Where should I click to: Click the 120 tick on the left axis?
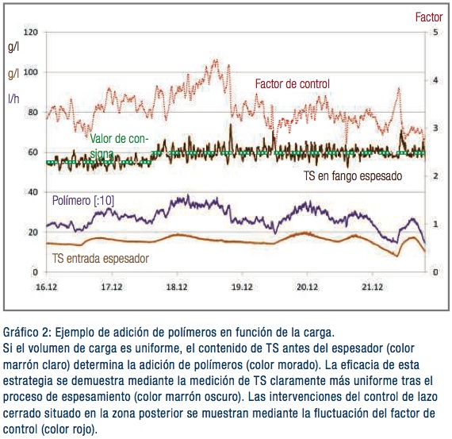coord(31,32)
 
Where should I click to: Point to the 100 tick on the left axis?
coord(31,72)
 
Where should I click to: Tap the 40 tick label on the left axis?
coord(32,192)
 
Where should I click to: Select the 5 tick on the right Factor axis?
coord(435,32)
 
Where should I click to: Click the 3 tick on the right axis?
coord(435,128)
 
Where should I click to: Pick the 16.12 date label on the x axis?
coord(47,287)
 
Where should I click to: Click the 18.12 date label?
coord(177,287)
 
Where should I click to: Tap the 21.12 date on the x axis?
coord(373,287)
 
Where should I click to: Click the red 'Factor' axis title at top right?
coord(429,17)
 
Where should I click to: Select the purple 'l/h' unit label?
coord(13,98)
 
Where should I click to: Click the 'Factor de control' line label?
coord(293,84)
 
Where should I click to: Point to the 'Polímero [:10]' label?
coord(83,201)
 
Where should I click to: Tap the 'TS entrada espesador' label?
coord(101,258)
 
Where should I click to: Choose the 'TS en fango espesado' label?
coord(353,175)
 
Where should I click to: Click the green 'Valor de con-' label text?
coord(119,139)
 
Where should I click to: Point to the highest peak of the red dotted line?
coord(215,60)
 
